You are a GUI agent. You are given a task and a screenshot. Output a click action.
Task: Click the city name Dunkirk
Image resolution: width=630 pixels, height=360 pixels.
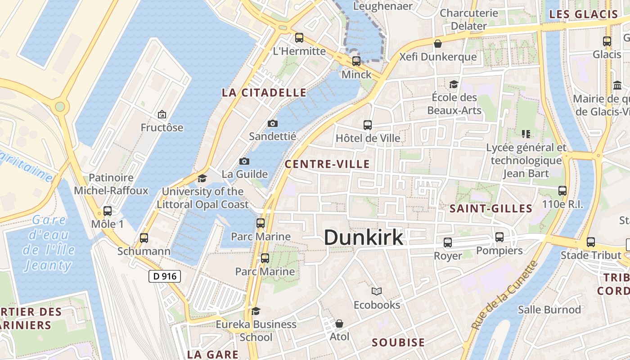click(x=363, y=237)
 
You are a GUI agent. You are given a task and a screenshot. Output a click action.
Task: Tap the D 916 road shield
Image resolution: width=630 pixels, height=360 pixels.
click(x=165, y=276)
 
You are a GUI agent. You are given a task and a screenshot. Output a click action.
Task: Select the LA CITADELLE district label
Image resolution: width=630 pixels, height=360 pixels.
click(x=264, y=93)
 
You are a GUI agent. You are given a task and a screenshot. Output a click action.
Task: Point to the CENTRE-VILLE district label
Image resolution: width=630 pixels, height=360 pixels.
click(x=327, y=164)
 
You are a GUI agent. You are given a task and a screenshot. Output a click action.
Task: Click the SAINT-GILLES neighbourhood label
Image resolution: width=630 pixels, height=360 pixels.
click(x=491, y=208)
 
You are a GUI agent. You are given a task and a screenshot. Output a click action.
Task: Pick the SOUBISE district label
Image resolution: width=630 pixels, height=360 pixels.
click(x=398, y=342)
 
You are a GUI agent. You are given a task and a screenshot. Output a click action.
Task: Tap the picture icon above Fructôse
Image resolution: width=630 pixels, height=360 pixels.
click(x=162, y=115)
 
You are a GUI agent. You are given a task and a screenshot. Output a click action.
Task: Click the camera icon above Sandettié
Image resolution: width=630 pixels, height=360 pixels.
click(x=272, y=123)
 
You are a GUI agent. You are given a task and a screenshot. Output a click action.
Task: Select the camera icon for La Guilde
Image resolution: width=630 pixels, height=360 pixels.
click(x=244, y=161)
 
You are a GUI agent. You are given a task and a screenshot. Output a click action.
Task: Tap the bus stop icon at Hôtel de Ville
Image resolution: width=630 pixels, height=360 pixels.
click(x=368, y=125)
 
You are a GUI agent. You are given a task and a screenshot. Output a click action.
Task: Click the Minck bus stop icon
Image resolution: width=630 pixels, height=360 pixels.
click(x=356, y=61)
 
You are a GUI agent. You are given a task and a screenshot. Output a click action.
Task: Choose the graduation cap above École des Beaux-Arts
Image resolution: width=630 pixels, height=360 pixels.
click(x=453, y=84)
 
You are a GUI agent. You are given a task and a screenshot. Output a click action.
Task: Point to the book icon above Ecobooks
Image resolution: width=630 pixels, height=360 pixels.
click(x=377, y=291)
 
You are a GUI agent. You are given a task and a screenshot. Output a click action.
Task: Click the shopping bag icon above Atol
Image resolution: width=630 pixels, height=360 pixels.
click(x=339, y=324)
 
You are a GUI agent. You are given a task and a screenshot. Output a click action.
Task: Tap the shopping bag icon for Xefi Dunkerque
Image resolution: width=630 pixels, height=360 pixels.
click(x=437, y=44)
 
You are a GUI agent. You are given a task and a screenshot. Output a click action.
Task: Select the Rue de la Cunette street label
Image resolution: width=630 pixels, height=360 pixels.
click(x=504, y=295)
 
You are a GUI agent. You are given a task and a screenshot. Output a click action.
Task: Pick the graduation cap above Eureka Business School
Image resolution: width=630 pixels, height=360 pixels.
click(x=256, y=311)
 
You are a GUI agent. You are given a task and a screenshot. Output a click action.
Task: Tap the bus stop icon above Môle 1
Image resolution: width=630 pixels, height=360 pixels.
click(x=107, y=211)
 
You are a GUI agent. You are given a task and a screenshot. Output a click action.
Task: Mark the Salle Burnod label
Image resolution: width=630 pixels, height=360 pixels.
click(x=549, y=310)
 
